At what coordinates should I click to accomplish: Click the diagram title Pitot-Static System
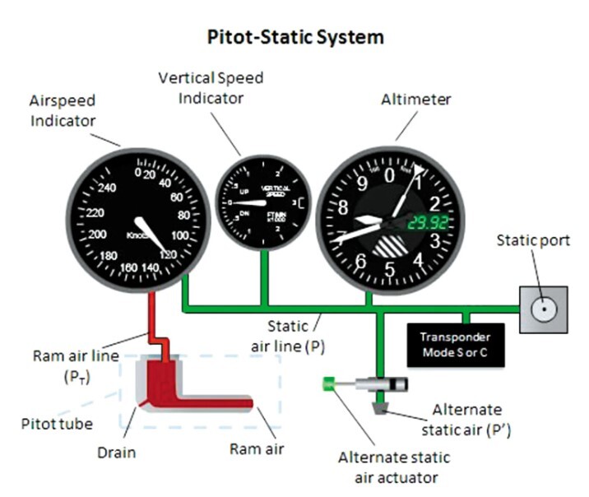point(294,37)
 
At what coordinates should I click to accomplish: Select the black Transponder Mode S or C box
point(454,344)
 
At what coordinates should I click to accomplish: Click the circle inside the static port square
point(542,309)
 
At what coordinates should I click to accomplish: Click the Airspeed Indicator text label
point(63,110)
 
